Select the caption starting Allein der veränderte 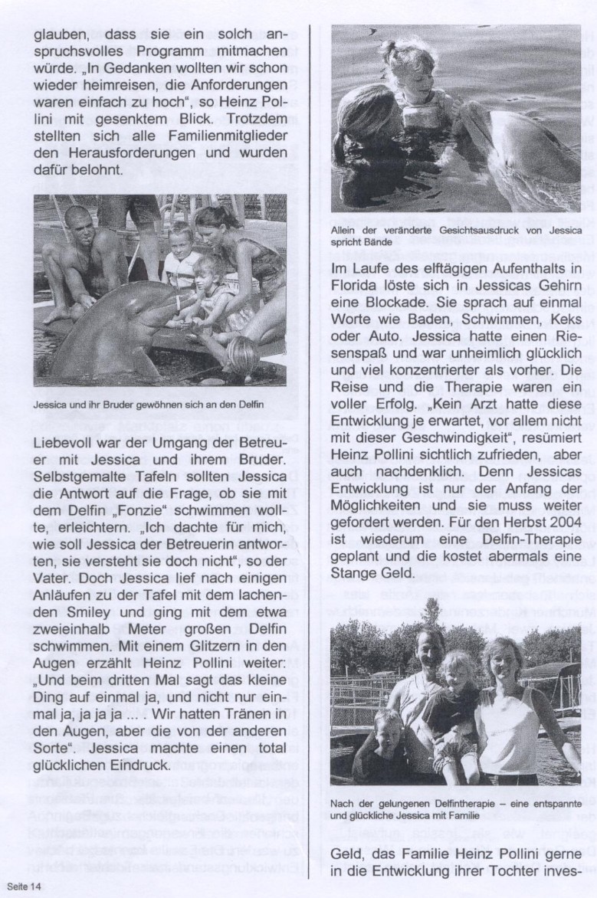coord(455,235)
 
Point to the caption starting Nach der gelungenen coord(455,808)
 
